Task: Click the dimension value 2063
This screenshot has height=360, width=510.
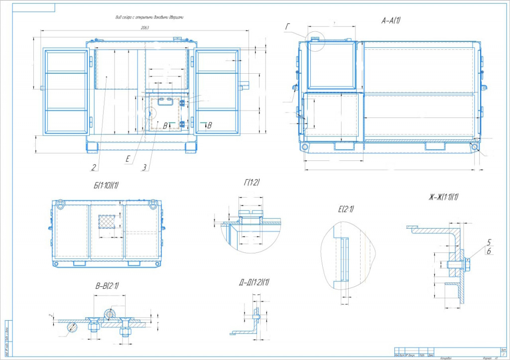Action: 144,28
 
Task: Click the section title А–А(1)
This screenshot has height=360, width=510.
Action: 391,20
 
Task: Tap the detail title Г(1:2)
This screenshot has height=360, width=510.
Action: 252,183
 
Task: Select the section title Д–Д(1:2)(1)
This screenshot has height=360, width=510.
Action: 254,283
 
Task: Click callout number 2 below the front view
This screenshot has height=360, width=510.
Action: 93,167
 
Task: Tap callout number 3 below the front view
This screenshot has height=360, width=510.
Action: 144,168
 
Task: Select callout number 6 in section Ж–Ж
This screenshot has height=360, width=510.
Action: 489,252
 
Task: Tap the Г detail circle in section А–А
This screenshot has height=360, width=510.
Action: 315,39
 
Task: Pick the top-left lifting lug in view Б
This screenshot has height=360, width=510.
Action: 60,203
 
